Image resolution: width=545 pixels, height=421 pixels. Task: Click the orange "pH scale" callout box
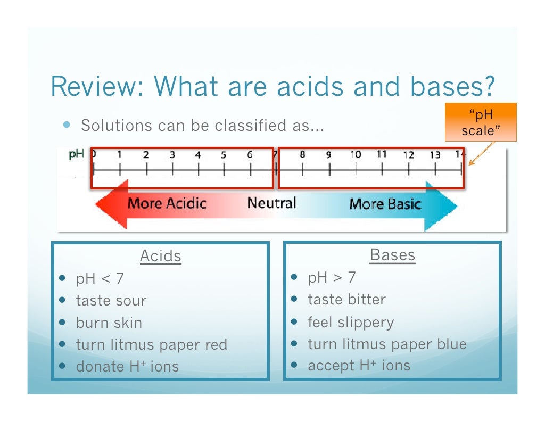point(481,122)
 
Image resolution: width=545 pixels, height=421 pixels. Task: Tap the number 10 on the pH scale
point(355,155)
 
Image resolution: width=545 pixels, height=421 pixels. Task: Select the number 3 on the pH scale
point(172,155)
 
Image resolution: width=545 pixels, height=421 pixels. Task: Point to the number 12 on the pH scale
point(408,155)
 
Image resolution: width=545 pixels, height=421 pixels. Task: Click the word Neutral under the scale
point(271,203)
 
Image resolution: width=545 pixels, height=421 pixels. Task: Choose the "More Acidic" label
point(167,204)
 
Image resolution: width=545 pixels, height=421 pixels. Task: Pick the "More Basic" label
point(385,204)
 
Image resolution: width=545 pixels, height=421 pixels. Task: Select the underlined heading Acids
point(160,256)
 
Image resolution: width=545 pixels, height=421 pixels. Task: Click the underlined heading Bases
point(392,255)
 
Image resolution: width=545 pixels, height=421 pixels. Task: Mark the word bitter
point(367,299)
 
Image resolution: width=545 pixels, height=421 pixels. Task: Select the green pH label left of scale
point(77,154)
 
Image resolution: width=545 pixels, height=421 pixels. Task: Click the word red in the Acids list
point(216,344)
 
